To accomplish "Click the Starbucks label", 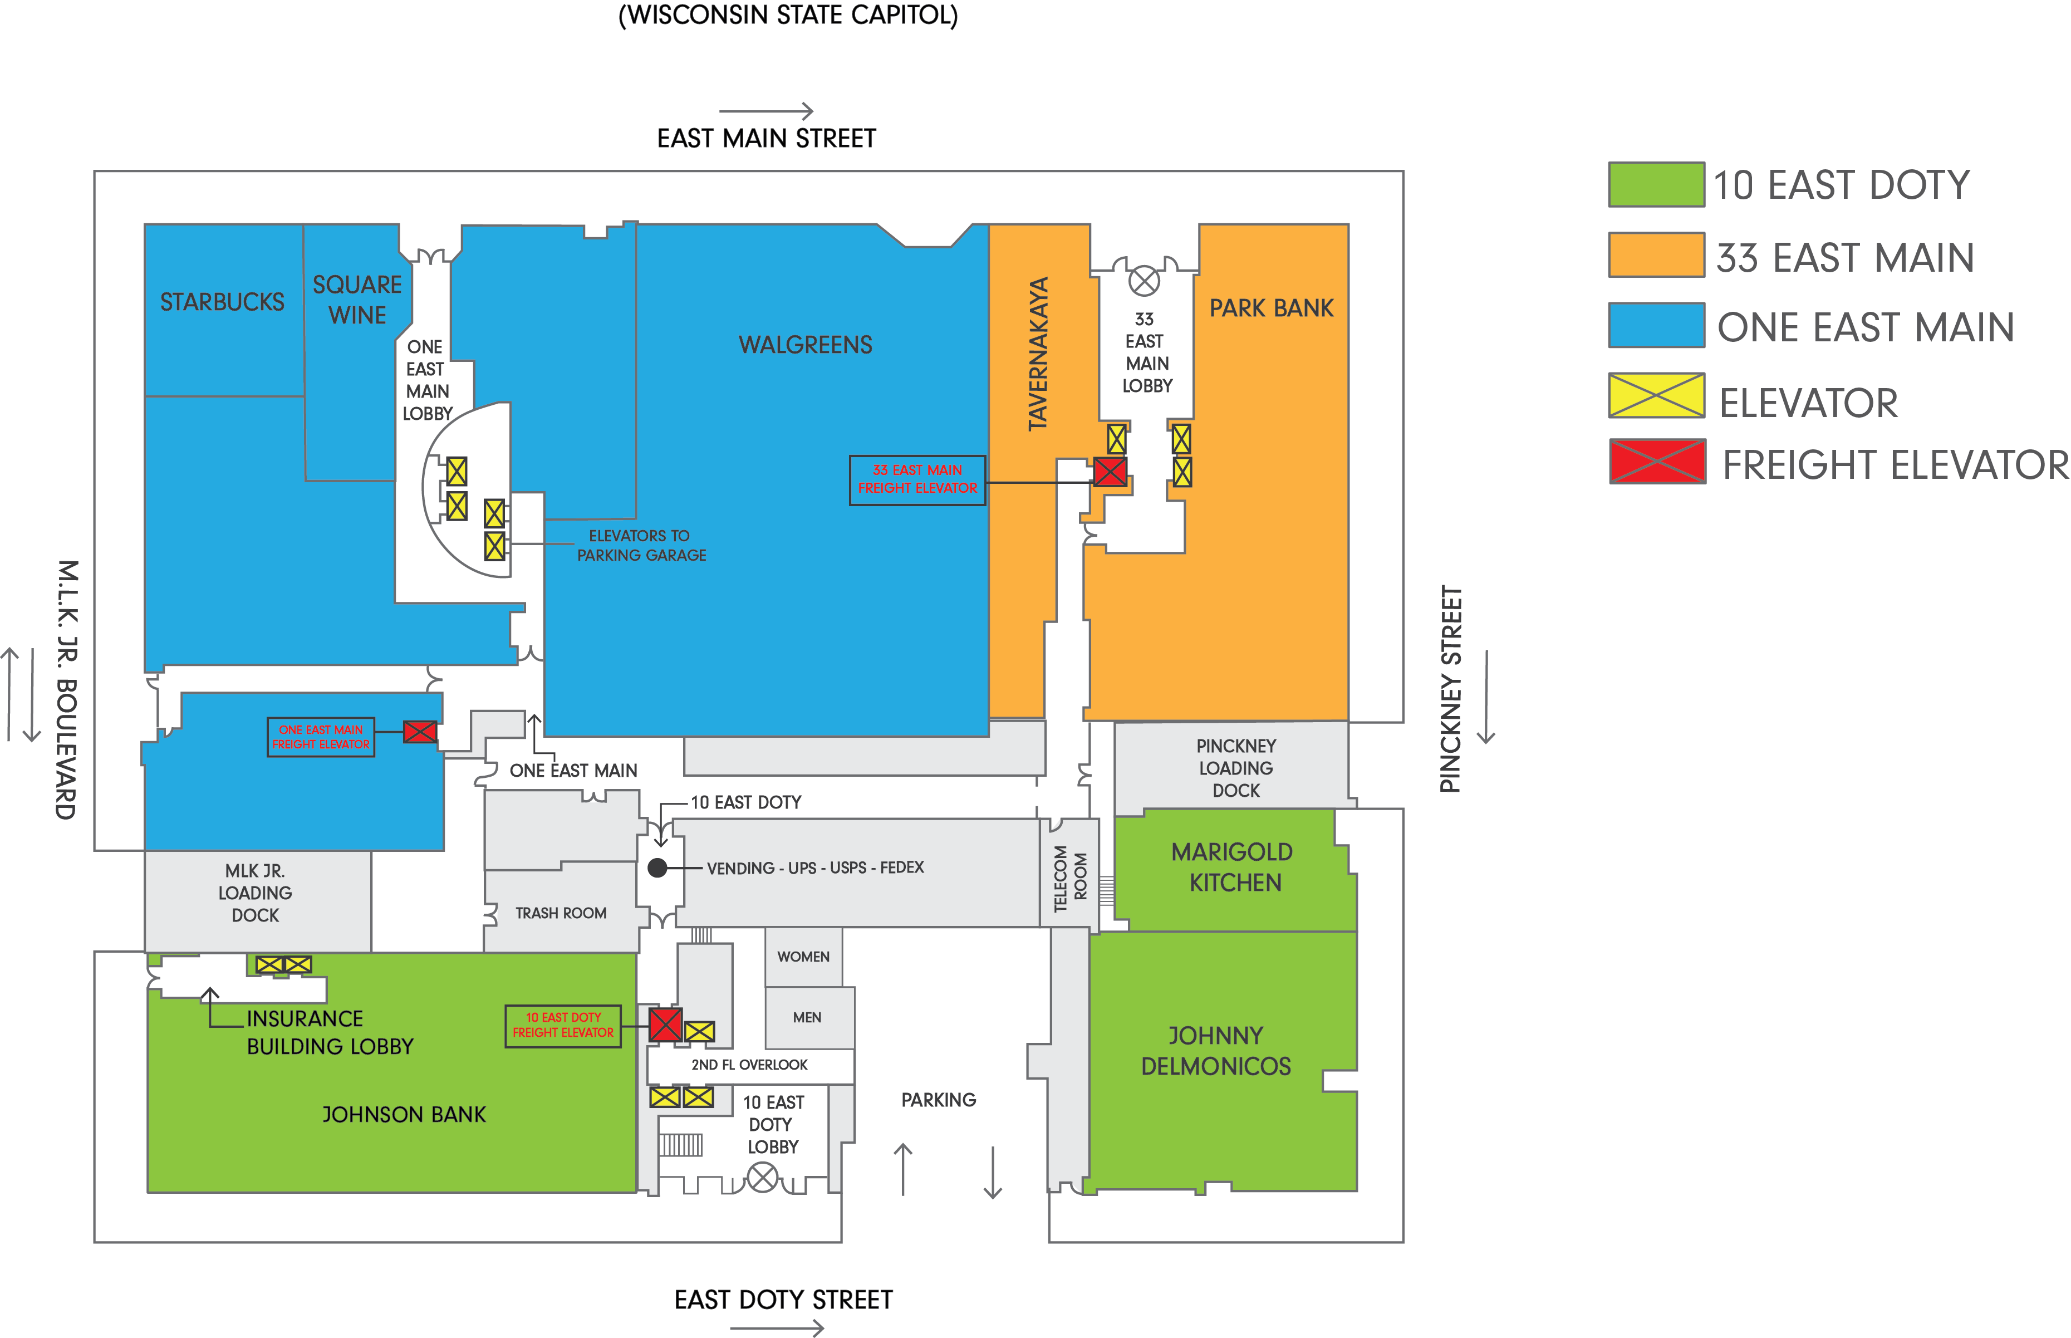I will click(x=222, y=302).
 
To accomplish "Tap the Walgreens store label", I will click(x=805, y=345).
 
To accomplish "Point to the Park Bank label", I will click(x=1271, y=308).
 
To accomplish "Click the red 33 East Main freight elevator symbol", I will click(x=1110, y=472).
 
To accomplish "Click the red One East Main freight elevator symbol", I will click(x=420, y=732).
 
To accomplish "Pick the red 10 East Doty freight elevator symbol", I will click(x=665, y=1025).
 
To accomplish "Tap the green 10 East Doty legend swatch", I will click(x=1656, y=184).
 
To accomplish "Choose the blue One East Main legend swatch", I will click(x=1656, y=325).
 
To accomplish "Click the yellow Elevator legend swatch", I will click(x=1656, y=395).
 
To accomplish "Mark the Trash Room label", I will click(x=560, y=913).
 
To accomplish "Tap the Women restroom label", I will click(x=803, y=957).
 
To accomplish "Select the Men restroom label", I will click(x=806, y=1017).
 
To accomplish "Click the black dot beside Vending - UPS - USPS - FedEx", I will click(x=657, y=868).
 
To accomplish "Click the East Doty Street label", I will click(x=783, y=1300).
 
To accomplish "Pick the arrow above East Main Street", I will click(x=766, y=111).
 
